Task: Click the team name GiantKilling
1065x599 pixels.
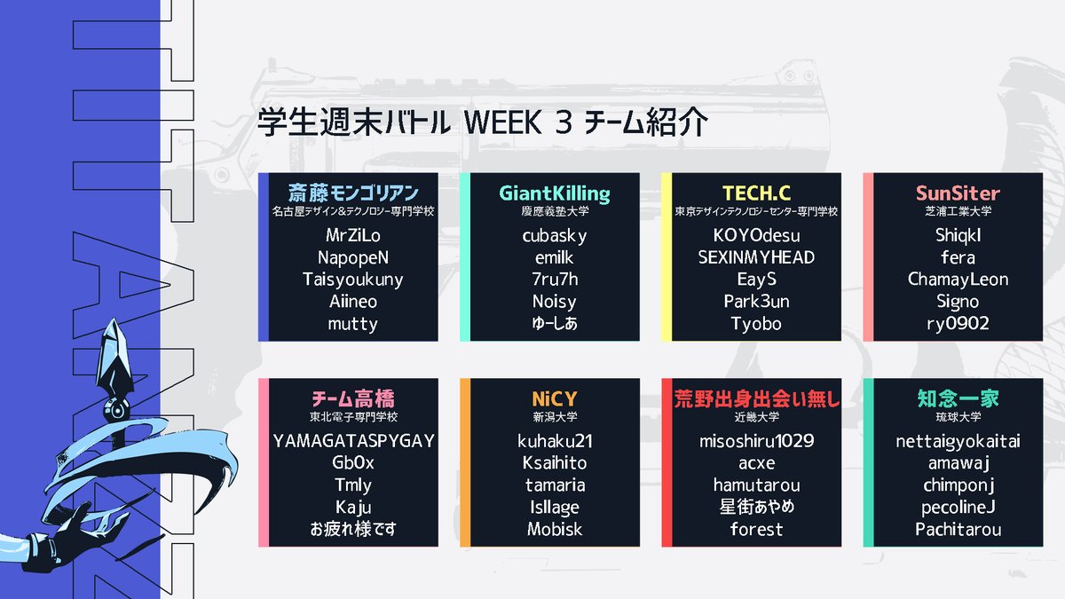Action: point(555,193)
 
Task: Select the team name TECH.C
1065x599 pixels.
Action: point(756,193)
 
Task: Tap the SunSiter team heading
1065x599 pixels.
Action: point(958,193)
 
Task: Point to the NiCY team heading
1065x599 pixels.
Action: point(555,398)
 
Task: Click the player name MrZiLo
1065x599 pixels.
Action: point(353,236)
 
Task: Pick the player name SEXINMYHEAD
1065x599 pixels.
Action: point(756,257)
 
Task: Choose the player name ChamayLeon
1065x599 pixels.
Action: point(958,280)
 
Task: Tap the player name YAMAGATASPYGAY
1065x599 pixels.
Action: point(353,441)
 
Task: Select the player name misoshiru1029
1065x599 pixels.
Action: point(756,441)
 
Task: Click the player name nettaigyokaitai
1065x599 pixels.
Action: point(958,441)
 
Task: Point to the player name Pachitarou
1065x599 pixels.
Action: point(958,530)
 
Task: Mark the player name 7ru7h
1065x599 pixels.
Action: point(555,280)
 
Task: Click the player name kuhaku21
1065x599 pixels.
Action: point(555,441)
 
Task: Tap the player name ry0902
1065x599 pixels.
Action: point(958,324)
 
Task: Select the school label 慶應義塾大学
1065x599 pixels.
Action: point(555,212)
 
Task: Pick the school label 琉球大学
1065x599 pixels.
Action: point(958,416)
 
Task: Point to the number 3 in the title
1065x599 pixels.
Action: point(562,122)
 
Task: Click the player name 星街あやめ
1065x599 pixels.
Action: point(756,508)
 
